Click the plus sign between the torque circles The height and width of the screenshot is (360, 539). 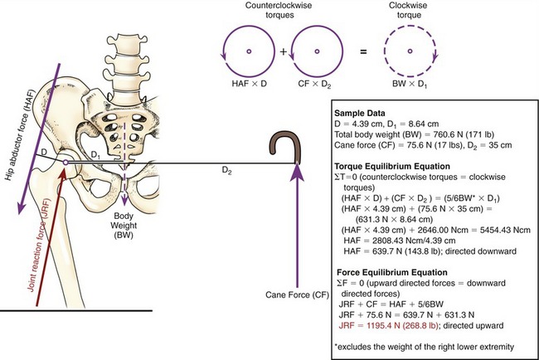click(282, 51)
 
